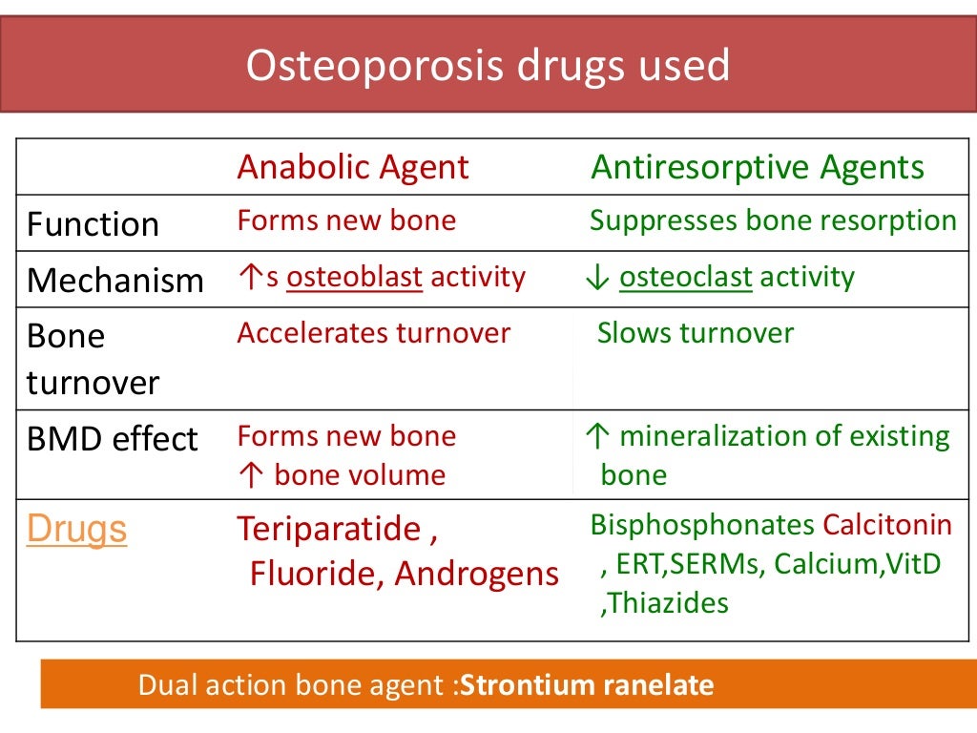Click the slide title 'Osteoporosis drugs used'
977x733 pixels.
coord(488,65)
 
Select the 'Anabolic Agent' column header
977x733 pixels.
coord(353,167)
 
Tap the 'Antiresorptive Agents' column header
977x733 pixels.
coord(758,167)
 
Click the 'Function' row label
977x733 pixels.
coord(93,224)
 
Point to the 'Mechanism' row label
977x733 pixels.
coord(114,281)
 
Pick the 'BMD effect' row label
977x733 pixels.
coord(112,439)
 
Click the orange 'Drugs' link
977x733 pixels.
coord(76,529)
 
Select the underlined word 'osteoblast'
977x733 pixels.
coord(355,278)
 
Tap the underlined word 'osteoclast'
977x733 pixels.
coord(686,278)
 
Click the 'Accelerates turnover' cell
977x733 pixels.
coord(374,333)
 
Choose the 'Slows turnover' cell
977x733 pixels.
coord(696,333)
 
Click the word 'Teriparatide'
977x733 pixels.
coord(328,529)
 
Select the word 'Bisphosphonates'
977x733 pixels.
coord(702,525)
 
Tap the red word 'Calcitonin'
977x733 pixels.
coord(887,525)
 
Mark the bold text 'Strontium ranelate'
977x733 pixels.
coord(587,685)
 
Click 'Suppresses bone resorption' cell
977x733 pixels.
coord(773,220)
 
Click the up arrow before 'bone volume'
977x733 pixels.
coord(245,475)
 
